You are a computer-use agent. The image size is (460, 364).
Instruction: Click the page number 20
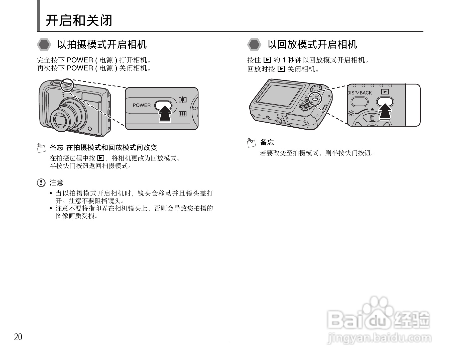tap(18, 337)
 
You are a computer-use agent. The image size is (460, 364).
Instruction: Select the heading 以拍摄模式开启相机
tap(102, 45)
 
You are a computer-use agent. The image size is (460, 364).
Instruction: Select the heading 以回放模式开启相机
tap(312, 45)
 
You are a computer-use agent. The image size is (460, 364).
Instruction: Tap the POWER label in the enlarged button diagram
tap(142, 105)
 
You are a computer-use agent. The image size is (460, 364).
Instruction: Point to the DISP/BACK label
tap(360, 93)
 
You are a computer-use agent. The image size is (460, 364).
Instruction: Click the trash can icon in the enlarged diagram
tap(372, 117)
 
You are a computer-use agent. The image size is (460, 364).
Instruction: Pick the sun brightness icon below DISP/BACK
tap(351, 113)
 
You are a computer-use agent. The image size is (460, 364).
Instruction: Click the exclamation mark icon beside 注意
tap(41, 183)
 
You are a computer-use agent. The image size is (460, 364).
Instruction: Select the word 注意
tap(57, 183)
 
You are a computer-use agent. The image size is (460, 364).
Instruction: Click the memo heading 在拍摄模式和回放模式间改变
tap(111, 148)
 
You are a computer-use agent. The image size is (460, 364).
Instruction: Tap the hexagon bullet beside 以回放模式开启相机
tap(254, 45)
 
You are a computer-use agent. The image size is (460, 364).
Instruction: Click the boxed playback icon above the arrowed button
tap(385, 92)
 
